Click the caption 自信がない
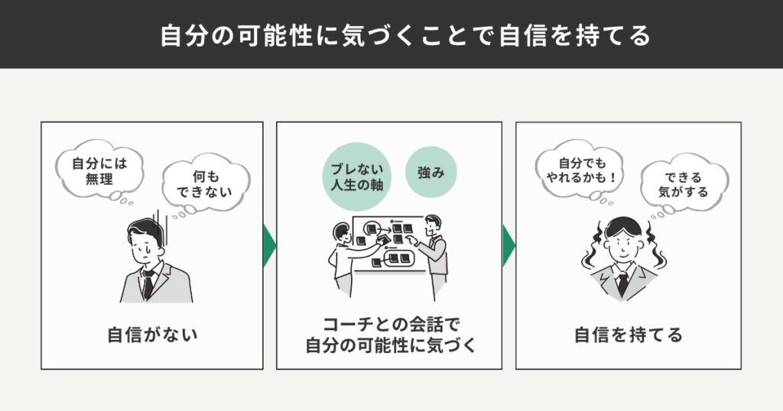point(152,334)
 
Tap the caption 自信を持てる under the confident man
point(629,334)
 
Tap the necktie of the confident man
point(623,283)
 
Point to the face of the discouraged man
point(145,245)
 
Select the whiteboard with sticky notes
point(390,243)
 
